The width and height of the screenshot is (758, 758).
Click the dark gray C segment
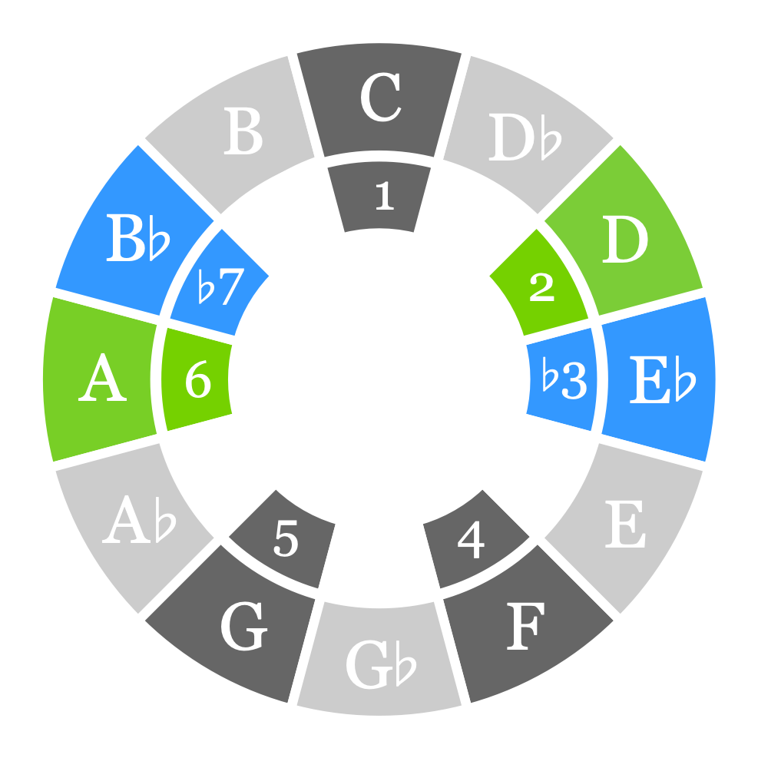379,100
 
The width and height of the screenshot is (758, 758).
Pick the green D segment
624,240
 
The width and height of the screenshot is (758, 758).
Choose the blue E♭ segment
659,379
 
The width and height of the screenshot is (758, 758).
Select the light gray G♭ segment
379,662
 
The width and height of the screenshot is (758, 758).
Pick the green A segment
101,379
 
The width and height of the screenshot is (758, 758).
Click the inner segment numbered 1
379,197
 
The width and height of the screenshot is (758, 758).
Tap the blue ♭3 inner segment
564,379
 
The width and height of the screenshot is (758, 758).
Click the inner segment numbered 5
286,540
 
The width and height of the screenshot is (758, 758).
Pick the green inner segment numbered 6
197,379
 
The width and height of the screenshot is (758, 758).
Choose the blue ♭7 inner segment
220,287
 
